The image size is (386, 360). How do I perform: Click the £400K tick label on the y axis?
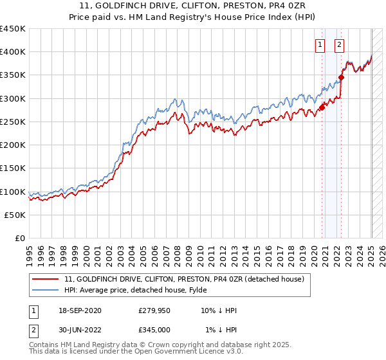coord(12,52)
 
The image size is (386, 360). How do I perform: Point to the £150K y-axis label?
coord(12,168)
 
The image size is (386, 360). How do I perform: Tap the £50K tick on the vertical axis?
coord(15,215)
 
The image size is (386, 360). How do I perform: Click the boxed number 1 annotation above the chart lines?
coord(320,45)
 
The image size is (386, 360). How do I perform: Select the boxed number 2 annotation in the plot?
coord(339,45)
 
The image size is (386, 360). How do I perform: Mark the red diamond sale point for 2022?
coord(342,78)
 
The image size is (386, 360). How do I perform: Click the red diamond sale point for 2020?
coord(322,107)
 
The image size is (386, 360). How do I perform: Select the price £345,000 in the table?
coord(155,329)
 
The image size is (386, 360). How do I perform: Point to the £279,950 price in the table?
coord(155,311)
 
